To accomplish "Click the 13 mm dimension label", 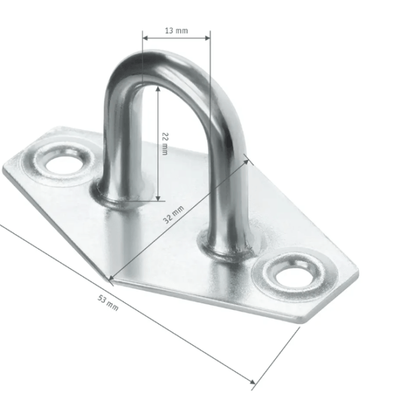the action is (x=176, y=31).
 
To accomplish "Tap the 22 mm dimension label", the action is (x=165, y=143).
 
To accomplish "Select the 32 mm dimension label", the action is (x=173, y=215).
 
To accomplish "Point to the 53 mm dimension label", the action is (x=108, y=303).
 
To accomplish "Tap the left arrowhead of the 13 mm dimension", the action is (x=145, y=38).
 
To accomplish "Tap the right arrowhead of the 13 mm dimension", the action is (x=207, y=38).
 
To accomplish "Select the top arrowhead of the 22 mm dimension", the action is (x=158, y=89).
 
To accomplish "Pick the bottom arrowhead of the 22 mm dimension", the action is (x=158, y=198).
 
